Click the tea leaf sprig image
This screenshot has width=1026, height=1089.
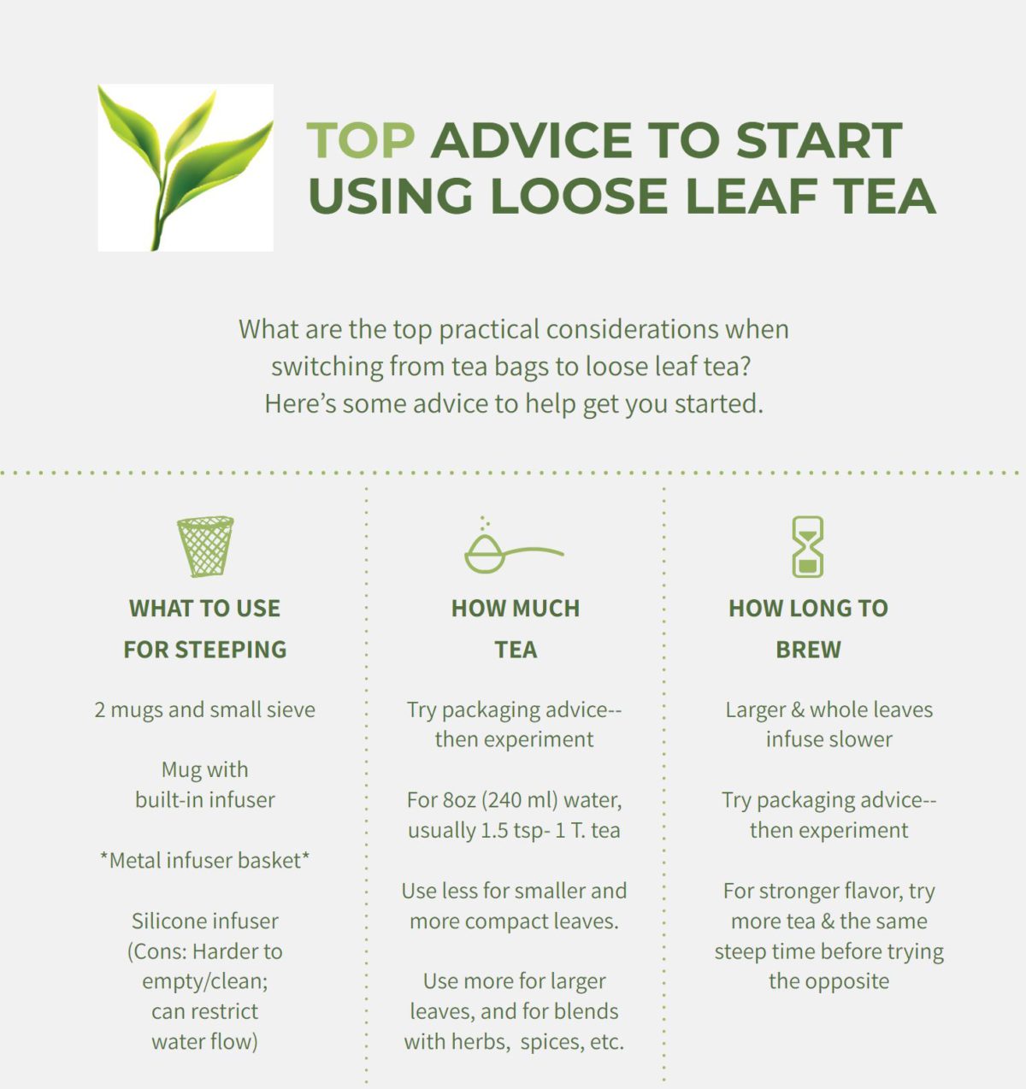coord(186,168)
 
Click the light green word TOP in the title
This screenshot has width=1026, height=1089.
coord(360,141)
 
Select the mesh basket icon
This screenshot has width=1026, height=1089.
coord(205,546)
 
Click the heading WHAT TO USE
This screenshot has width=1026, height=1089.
coord(204,609)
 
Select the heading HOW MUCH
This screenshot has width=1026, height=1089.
coord(516,609)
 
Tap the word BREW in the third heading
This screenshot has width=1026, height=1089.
coord(808,650)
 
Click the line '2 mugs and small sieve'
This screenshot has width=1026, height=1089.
coord(204,709)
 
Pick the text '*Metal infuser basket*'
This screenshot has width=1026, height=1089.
coord(204,860)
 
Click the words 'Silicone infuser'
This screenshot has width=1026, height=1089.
coord(204,921)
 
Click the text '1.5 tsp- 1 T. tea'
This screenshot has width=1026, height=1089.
coord(544,830)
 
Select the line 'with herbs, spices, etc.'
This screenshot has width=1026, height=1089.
coord(514,1041)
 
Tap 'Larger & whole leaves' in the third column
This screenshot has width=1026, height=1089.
coord(828,709)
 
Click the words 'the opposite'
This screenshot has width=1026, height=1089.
coord(828,980)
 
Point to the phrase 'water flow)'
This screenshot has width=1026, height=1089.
coord(204,1041)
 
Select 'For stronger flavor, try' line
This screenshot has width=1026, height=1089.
coord(828,891)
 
